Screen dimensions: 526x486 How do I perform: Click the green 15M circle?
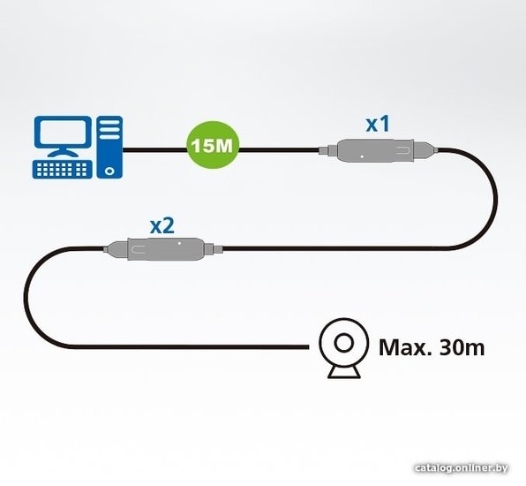[213, 145]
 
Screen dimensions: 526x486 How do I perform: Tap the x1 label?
[378, 124]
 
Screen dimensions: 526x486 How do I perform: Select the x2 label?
[162, 225]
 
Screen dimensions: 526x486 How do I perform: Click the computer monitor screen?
[63, 133]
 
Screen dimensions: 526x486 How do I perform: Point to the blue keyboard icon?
[63, 170]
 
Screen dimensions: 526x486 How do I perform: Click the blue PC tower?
[109, 147]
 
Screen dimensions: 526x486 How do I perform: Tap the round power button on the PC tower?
[109, 171]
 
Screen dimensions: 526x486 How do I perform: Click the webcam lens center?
[344, 343]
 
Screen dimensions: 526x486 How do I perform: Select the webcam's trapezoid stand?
[344, 372]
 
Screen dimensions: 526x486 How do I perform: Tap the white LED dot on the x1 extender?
[362, 156]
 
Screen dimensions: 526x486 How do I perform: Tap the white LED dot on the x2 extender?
[179, 243]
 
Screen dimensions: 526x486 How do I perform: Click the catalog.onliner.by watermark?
[461, 467]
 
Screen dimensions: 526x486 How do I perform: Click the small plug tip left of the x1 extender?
[323, 150]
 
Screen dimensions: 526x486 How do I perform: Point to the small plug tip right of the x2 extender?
[218, 249]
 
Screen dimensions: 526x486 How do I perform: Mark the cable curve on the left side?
[26, 298]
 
